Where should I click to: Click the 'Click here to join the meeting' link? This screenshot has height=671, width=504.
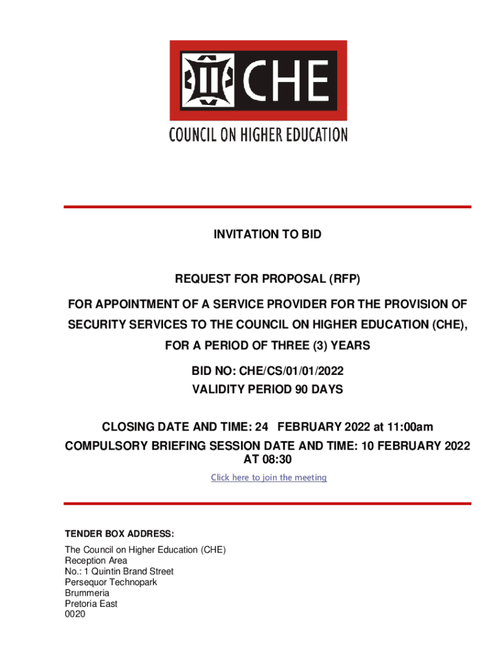point(268,478)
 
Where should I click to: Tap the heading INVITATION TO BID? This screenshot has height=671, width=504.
point(267,234)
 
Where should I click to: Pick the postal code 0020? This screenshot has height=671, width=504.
point(75,614)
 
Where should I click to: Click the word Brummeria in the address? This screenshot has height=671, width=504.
point(87,593)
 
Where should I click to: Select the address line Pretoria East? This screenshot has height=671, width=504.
point(91,604)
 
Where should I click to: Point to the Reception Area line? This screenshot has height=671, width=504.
point(96,561)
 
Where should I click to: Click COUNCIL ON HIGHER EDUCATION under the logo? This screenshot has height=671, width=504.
point(258,136)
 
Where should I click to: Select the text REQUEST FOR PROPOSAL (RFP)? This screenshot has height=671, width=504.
point(267,280)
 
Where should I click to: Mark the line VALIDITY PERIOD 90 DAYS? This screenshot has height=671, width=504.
point(267,389)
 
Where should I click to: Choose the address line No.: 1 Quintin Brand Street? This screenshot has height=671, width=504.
point(119,571)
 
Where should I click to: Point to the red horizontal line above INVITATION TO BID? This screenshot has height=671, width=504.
point(267,207)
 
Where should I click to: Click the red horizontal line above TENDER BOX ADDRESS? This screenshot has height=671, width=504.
point(267,503)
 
